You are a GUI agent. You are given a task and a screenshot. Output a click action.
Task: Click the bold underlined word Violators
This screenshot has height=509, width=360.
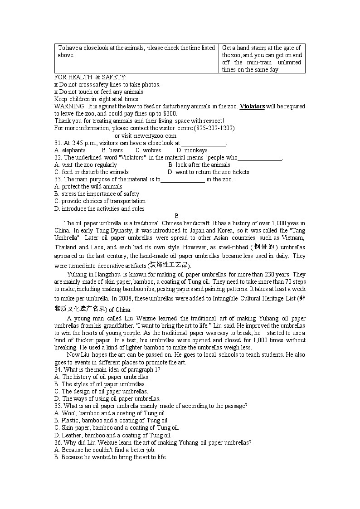252,107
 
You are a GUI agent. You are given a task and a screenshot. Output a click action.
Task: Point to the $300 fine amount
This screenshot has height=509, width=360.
170,114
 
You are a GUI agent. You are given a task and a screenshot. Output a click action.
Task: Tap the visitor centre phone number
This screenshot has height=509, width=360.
214,128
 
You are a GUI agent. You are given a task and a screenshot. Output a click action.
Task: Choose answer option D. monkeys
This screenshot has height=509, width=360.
192,150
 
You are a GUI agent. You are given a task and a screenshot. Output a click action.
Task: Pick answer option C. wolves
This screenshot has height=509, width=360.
148,150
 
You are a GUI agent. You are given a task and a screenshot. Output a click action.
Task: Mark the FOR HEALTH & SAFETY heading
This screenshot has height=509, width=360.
90,78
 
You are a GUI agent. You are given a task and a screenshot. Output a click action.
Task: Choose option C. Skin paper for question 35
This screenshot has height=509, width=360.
117,427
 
